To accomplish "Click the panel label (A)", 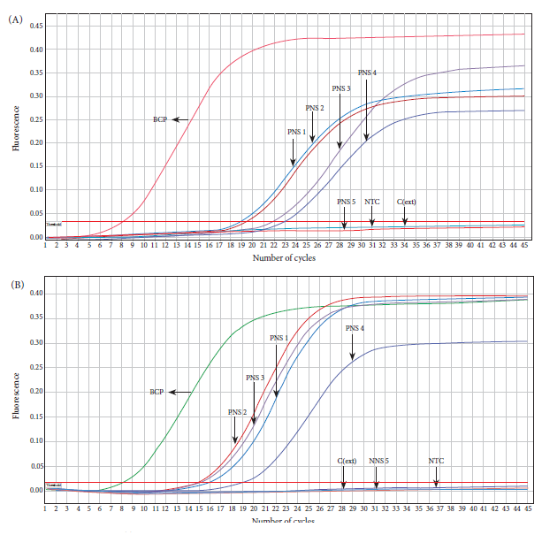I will [x=15, y=19].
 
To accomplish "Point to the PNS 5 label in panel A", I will [x=346, y=201].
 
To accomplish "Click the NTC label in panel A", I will [x=372, y=201].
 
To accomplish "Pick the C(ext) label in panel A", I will [x=407, y=201].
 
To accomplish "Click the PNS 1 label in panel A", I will [x=297, y=131].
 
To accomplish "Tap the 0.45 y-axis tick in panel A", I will [x=35, y=26].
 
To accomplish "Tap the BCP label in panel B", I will [x=156, y=391].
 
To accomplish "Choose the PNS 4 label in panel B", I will [x=355, y=328].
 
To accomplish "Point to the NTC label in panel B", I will [x=436, y=460].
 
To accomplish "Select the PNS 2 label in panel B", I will [x=237, y=411].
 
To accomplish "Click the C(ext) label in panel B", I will [x=346, y=460].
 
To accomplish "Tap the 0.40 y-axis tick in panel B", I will [x=35, y=294].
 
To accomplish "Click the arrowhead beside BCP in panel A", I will [x=175, y=118].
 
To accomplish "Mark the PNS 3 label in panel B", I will [x=255, y=378].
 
